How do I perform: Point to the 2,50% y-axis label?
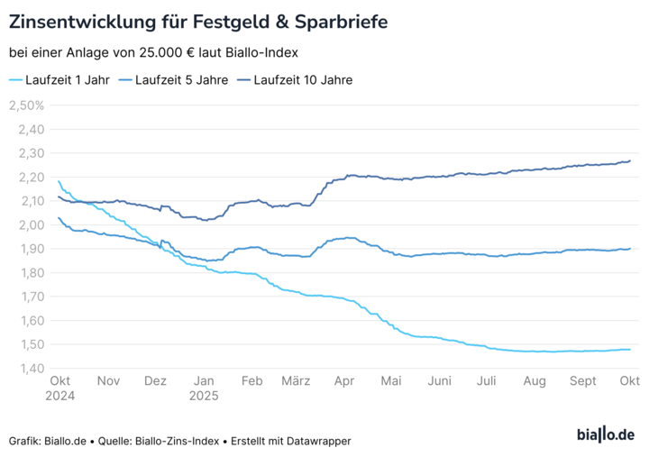point(26,105)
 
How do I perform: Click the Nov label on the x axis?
point(108,381)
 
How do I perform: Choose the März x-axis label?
point(296,381)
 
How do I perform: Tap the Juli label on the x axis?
point(487,381)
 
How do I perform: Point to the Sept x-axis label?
point(582,381)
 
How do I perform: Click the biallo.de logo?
point(605,435)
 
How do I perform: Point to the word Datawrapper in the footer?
point(320,441)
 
